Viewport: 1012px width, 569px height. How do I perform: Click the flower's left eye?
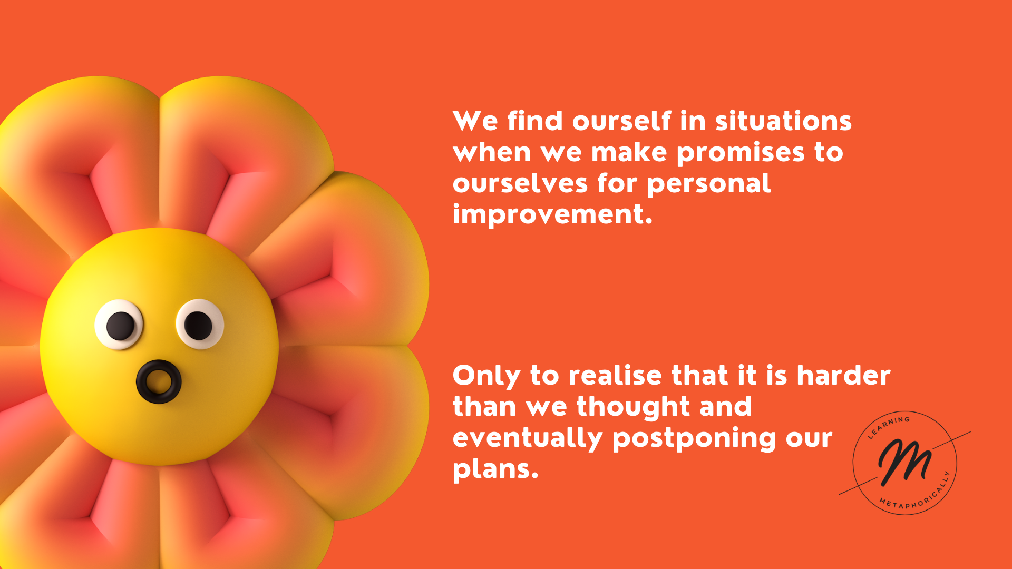click(119, 325)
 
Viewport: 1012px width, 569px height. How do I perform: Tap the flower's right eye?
click(200, 324)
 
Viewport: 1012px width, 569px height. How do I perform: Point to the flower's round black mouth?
click(159, 381)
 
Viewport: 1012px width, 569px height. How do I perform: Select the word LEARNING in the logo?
click(889, 427)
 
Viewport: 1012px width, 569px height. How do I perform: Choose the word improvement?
click(552, 214)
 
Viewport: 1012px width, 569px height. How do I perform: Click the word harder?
click(843, 375)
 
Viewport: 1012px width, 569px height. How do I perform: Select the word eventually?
click(528, 438)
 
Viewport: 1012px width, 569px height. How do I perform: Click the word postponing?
click(695, 439)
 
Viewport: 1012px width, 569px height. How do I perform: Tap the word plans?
click(495, 469)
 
